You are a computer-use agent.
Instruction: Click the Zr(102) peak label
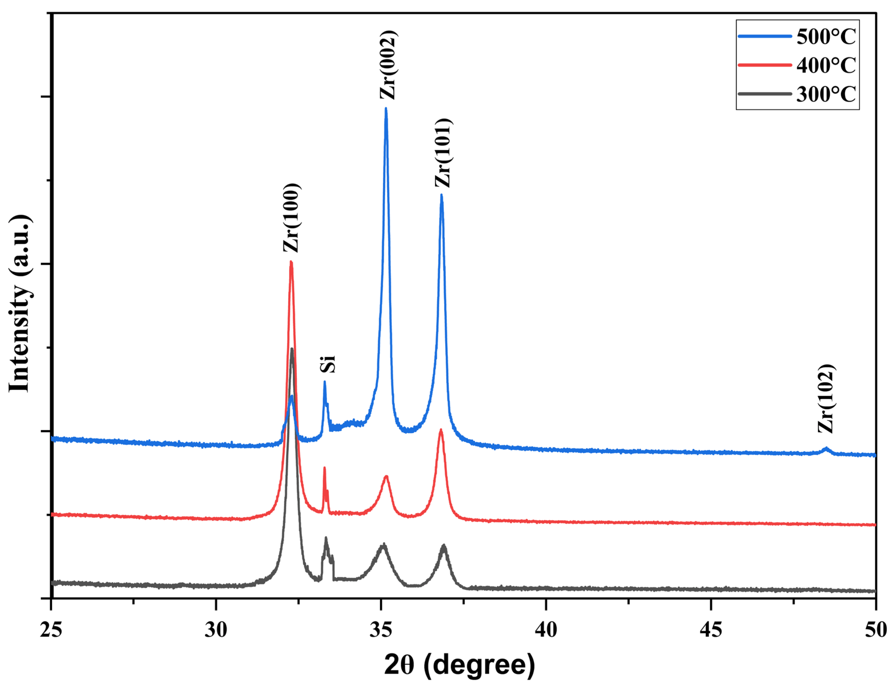pos(826,399)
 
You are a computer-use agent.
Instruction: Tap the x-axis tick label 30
pos(216,630)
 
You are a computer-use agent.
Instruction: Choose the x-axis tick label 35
pos(381,630)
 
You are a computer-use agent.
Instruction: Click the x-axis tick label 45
pos(711,630)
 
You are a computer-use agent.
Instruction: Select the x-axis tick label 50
pos(875,630)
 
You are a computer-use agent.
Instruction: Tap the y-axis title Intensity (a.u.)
pos(20,304)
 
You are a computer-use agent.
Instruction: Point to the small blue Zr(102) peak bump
pos(826,449)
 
